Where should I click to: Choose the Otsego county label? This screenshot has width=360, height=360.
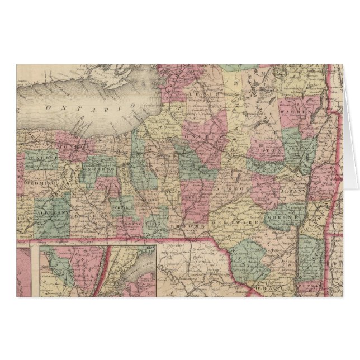tap(231, 189)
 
